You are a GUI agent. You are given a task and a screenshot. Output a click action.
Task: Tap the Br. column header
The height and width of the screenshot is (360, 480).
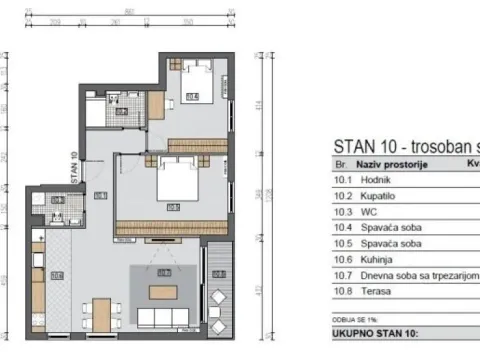(x=339, y=161)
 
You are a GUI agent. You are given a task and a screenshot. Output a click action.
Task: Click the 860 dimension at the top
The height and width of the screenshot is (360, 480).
(x=129, y=10)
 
